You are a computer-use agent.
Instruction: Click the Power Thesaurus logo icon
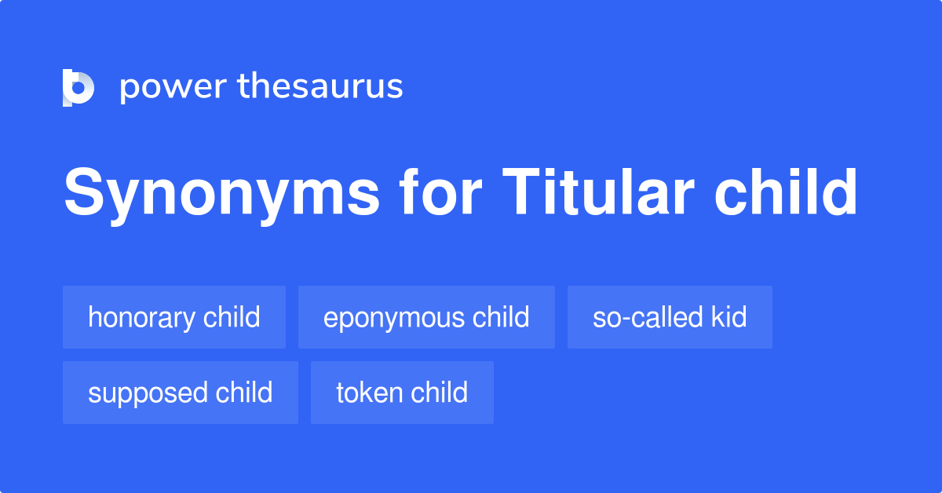pyautogui.click(x=78, y=87)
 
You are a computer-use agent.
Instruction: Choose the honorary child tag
pyautogui.click(x=174, y=317)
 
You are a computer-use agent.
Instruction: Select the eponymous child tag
pyautogui.click(x=426, y=317)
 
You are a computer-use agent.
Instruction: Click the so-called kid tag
pyautogui.click(x=670, y=317)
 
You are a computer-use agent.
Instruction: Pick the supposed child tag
pyautogui.click(x=181, y=393)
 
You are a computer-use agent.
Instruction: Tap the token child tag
pyautogui.click(x=402, y=393)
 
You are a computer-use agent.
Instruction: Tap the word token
pyautogui.click(x=365, y=393)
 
